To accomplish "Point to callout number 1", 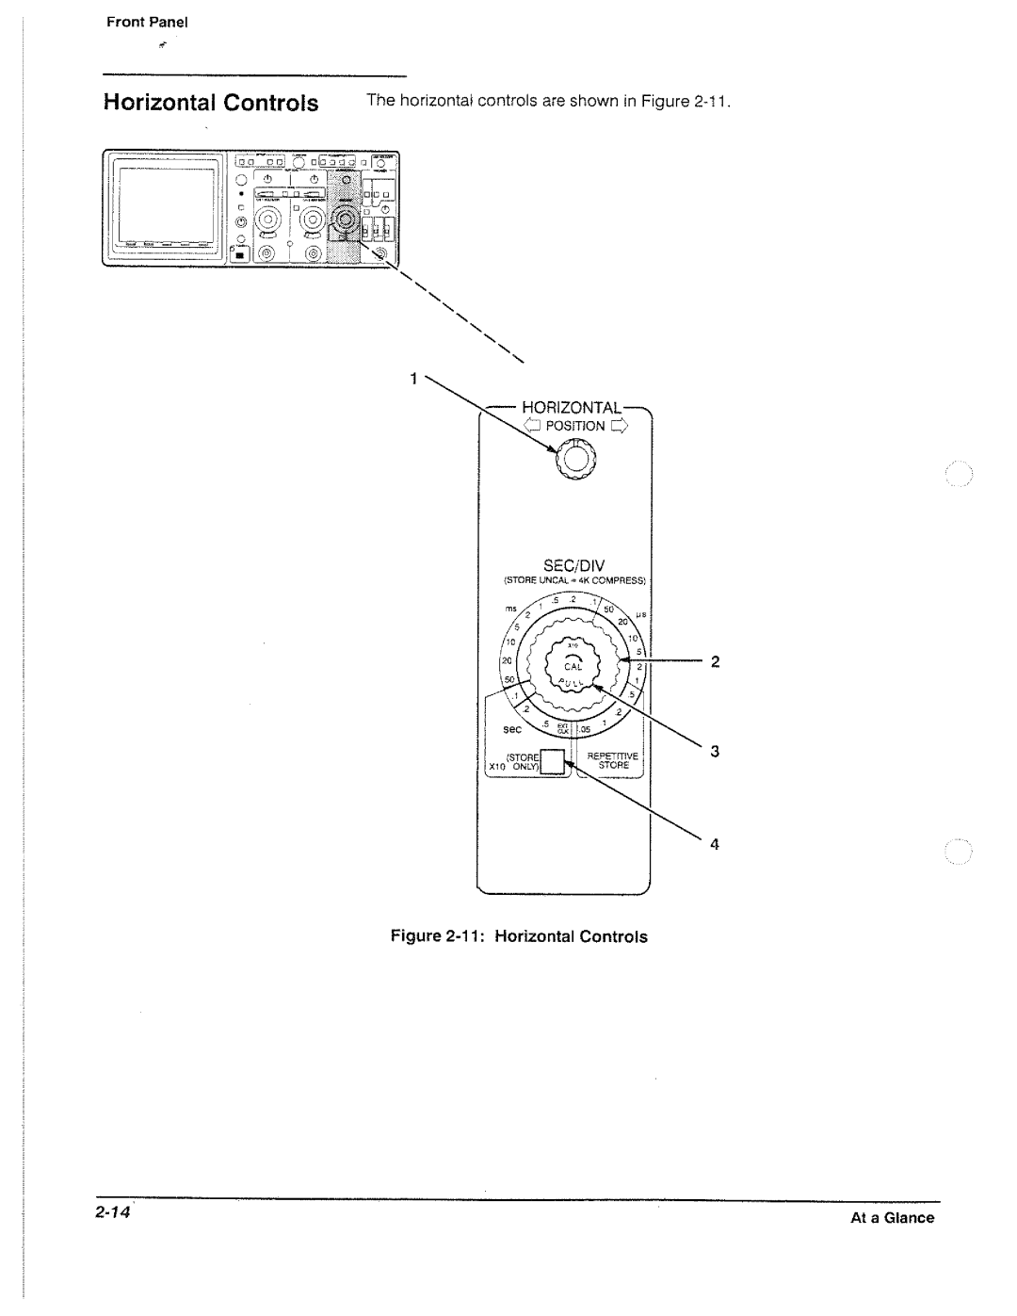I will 412,379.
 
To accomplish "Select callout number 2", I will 715,662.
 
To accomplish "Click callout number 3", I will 715,752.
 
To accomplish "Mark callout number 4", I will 715,845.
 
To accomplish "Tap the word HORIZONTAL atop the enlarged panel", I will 573,408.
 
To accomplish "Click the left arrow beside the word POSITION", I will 530,426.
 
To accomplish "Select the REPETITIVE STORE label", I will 613,760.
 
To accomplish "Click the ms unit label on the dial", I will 509,609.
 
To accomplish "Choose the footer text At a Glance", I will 893,1218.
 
